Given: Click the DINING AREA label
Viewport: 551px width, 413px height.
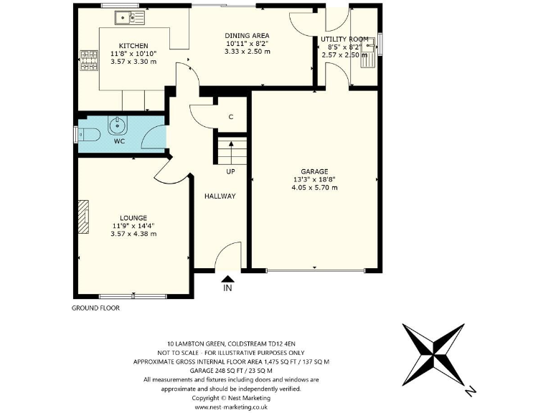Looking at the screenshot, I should click(x=247, y=35).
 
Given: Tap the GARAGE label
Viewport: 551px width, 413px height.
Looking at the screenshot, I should click(x=314, y=171).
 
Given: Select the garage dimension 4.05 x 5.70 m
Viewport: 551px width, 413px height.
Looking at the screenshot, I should click(x=314, y=187).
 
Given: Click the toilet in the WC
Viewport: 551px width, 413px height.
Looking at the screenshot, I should click(x=88, y=134).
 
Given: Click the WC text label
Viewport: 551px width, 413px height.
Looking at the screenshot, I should click(x=119, y=141).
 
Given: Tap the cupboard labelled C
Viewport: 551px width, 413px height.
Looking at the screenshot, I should click(x=230, y=117).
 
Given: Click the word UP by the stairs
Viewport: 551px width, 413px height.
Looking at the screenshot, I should click(x=230, y=172).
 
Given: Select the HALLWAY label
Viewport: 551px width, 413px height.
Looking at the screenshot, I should click(x=220, y=196).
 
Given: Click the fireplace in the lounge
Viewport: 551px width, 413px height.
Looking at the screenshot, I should click(x=85, y=217).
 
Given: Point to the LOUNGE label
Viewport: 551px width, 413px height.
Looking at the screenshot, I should click(x=133, y=217).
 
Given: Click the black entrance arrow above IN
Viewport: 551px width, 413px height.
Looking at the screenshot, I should click(x=228, y=279).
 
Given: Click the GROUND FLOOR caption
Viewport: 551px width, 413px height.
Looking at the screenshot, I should click(x=95, y=308).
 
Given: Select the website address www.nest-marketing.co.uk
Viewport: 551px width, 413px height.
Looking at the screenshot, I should click(x=230, y=407).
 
